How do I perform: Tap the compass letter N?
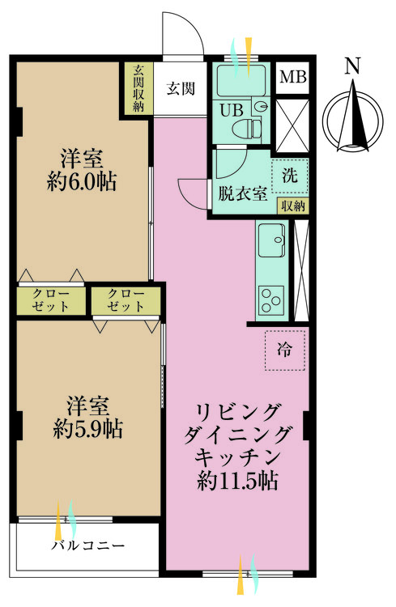tap(351, 67)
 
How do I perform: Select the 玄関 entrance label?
tap(181, 89)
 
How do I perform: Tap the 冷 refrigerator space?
tap(284, 350)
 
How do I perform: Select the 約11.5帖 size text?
tap(238, 482)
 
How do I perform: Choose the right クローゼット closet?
tap(126, 300)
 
